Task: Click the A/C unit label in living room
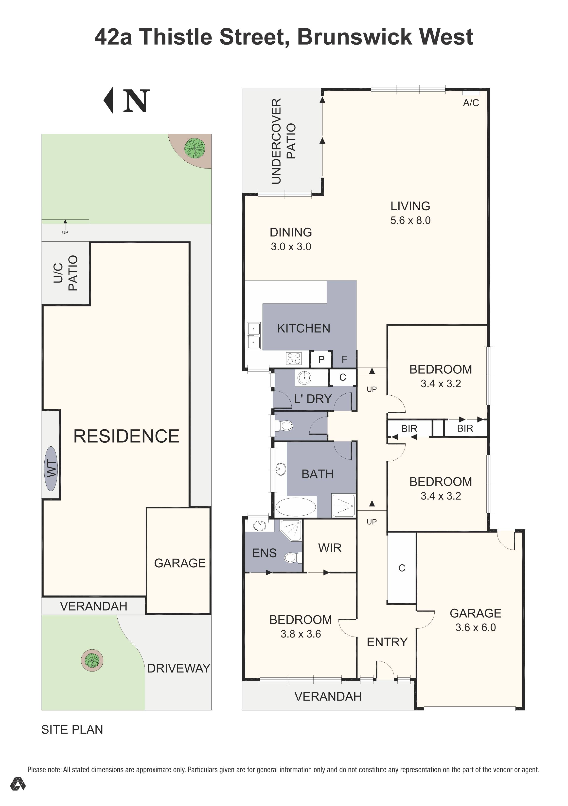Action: point(471,103)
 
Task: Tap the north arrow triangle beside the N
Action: point(109,101)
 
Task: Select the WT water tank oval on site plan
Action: point(51,469)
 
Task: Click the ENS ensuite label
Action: point(264,553)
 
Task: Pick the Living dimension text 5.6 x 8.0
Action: point(410,220)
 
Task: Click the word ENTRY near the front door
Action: point(387,642)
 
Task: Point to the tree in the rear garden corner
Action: point(195,148)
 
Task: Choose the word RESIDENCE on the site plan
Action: point(126,436)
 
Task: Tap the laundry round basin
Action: point(304,378)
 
